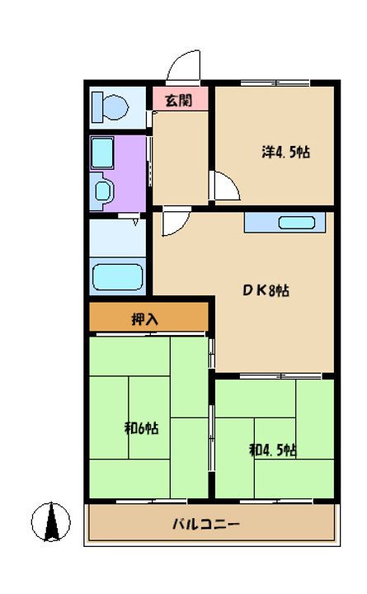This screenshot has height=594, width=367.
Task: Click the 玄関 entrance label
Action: tap(179, 101)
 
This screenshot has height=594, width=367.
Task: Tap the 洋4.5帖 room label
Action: tap(285, 152)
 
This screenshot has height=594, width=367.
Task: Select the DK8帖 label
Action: tap(266, 290)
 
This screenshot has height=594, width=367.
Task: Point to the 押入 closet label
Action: tap(144, 319)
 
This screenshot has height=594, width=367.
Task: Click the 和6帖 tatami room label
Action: tap(141, 428)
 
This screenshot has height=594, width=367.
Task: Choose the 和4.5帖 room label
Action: tap(273, 450)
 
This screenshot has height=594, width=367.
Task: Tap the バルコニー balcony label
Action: tap(206, 525)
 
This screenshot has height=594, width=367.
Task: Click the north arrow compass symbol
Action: tap(51, 522)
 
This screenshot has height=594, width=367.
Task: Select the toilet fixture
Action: tap(110, 107)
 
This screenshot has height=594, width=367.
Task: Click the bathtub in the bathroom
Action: tap(117, 277)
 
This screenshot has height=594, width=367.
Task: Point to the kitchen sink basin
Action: tap(297, 223)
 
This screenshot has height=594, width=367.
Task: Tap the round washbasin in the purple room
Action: tap(102, 191)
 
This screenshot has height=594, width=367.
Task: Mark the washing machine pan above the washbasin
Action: tap(102, 153)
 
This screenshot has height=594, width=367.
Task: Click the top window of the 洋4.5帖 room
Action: tap(275, 83)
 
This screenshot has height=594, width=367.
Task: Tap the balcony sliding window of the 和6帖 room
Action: tap(152, 502)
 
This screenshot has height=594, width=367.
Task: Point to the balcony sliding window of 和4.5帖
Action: tap(276, 502)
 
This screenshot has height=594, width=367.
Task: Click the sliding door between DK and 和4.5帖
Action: tap(280, 376)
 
